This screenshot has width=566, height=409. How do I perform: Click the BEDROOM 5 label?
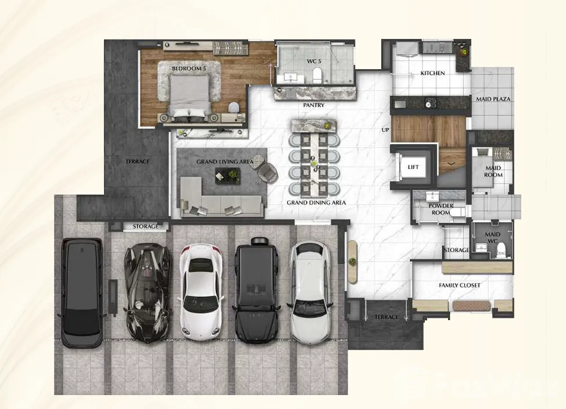[187, 69]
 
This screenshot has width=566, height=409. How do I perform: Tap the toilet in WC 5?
[317, 76]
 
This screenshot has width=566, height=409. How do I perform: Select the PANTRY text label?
[314, 105]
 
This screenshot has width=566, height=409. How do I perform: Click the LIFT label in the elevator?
[413, 167]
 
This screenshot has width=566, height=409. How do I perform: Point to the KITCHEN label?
[432, 73]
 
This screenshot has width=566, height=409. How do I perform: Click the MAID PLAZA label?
[493, 99]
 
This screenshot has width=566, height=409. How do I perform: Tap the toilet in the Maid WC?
[501, 249]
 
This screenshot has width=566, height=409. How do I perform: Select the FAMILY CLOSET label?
[460, 285]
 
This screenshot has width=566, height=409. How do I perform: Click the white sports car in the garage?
[200, 292]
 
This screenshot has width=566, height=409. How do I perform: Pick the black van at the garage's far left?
[82, 292]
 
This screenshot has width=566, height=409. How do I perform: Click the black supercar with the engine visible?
[147, 292]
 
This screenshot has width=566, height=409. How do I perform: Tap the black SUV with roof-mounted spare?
[257, 290]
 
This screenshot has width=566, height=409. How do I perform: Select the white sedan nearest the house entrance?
[310, 292]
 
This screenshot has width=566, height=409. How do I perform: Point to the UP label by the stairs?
[385, 130]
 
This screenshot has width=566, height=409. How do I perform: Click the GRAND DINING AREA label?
[316, 203]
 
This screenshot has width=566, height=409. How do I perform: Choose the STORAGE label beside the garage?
[145, 227]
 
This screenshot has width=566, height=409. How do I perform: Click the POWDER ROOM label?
[440, 209]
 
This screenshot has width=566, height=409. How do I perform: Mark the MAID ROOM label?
[493, 171]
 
